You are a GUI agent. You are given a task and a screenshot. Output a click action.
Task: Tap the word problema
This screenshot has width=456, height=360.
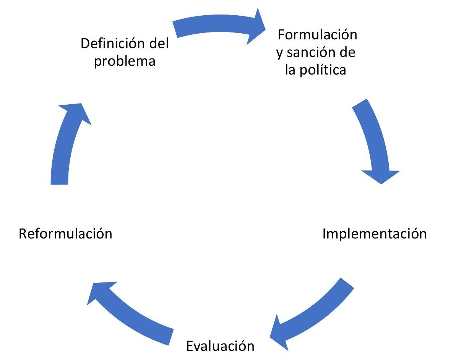tap(125, 61)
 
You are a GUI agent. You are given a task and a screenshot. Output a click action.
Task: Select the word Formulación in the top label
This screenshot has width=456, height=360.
tap(317, 35)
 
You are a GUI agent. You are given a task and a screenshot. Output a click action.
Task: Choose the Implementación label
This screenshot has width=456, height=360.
tap(375, 234)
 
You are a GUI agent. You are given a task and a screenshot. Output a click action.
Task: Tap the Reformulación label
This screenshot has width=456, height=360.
tap(66, 234)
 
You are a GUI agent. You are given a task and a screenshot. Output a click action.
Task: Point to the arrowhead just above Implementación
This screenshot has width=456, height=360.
tap(381, 176)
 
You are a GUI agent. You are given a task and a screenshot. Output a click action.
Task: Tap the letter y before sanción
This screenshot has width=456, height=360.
tap(280, 53)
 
